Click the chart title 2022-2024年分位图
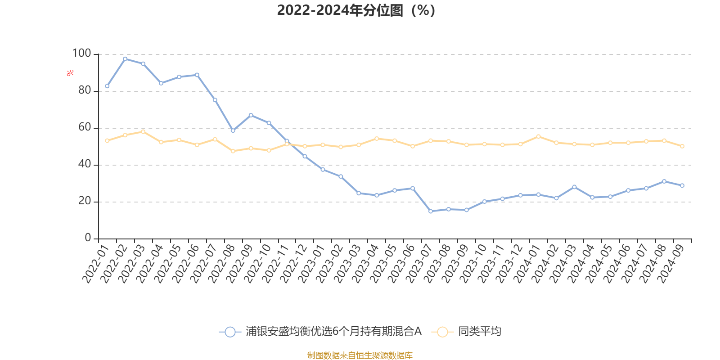click(x=356, y=10)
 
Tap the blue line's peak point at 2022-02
click(x=125, y=59)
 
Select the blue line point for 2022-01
click(x=107, y=86)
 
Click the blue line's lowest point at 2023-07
click(x=431, y=211)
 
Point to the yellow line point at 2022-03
click(x=143, y=131)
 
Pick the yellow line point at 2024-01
click(x=538, y=136)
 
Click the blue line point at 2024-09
click(x=682, y=185)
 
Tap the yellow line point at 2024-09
click(x=682, y=146)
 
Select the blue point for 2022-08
click(x=233, y=130)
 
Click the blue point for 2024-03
click(x=574, y=187)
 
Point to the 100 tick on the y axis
click(x=82, y=54)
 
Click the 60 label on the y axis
click(x=85, y=127)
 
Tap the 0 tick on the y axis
click(x=88, y=238)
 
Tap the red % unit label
click(x=70, y=73)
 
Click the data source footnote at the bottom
click(x=360, y=355)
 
